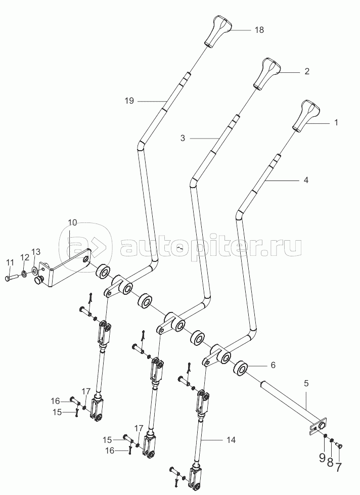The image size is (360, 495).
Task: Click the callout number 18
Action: tap(259, 30)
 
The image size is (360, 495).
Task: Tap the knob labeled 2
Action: tap(267, 74)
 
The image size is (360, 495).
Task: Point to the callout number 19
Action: tap(129, 101)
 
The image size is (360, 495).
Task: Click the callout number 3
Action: tap(183, 138)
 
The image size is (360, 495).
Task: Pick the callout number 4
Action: tap(306, 181)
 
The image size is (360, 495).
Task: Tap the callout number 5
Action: tap(306, 384)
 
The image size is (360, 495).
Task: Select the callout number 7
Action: tap(338, 467)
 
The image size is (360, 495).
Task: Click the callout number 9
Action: tap(322, 458)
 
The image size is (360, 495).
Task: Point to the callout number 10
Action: tap(72, 222)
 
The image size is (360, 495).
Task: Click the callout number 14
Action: tap(231, 440)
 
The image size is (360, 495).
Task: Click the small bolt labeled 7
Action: tap(339, 445)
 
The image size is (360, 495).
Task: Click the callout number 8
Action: tap(330, 463)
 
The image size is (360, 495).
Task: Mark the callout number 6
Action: tap(273, 365)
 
